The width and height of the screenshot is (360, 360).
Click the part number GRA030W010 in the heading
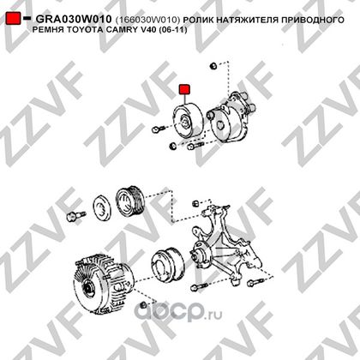[x=74, y=19]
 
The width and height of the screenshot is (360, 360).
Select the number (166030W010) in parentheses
[x=147, y=20]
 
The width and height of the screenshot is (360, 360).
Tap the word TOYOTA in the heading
[x=84, y=29]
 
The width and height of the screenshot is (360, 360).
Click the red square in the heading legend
[x=14, y=18]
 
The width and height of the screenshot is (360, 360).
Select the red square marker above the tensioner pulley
[x=184, y=89]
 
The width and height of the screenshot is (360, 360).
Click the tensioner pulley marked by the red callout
[x=188, y=120]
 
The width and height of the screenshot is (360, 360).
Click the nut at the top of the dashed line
[x=213, y=66]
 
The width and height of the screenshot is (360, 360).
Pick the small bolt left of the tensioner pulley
[x=157, y=129]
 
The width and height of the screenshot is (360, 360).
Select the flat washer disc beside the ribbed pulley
[x=102, y=208]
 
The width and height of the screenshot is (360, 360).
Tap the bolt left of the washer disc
[x=75, y=215]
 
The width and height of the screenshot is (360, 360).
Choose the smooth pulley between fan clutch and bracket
[x=167, y=267]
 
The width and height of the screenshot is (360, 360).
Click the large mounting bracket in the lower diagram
[x=225, y=246]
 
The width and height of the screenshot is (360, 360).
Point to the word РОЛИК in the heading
[x=199, y=20]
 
